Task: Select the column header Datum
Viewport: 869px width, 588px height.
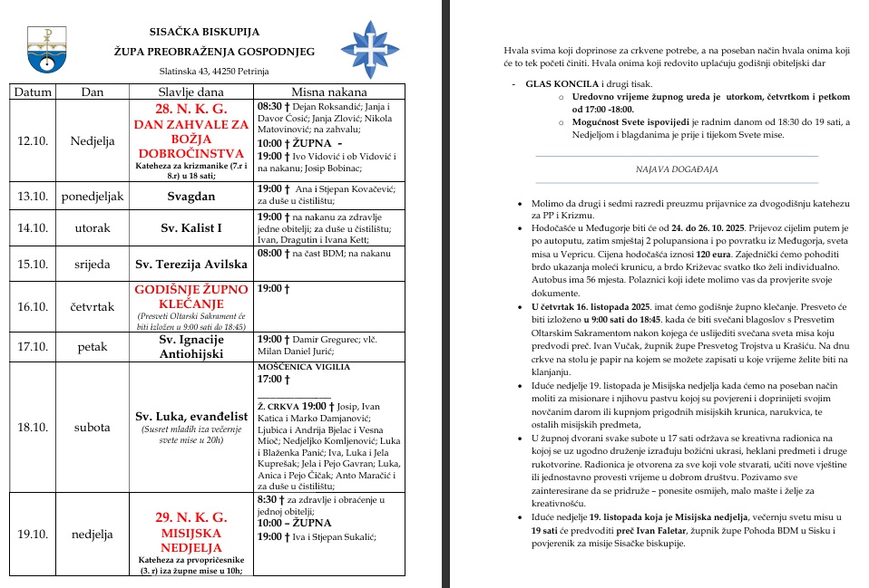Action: pos(33,92)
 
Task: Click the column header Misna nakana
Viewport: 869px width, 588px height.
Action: pos(328,92)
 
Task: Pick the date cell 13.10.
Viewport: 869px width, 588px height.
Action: pos(33,195)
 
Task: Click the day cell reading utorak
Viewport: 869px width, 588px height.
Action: pos(92,227)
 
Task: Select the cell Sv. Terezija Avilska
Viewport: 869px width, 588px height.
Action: pos(190,265)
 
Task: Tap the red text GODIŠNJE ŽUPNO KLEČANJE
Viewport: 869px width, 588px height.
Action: pos(190,295)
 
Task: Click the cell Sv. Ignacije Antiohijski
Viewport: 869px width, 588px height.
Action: pos(190,345)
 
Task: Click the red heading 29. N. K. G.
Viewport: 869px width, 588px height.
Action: pos(190,517)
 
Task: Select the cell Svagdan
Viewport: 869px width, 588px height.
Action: pos(190,195)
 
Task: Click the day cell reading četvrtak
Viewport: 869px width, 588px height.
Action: pos(92,306)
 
